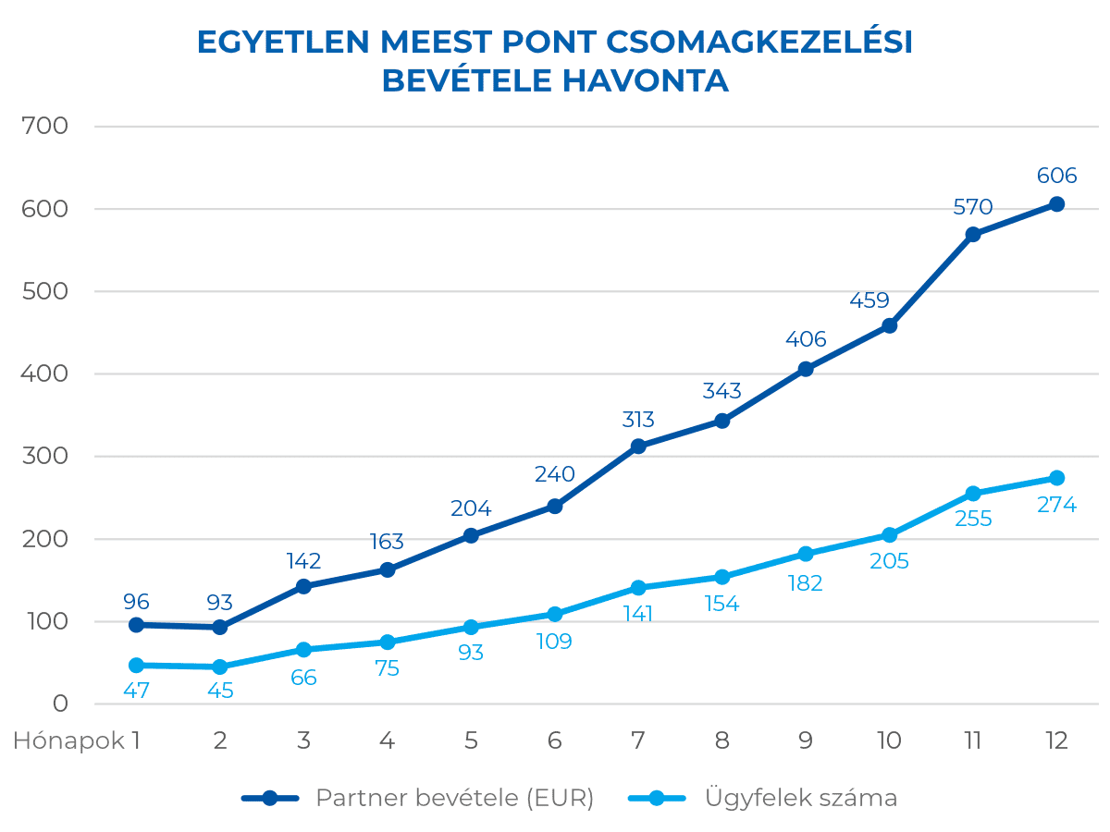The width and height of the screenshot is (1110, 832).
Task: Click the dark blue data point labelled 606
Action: (x=1056, y=204)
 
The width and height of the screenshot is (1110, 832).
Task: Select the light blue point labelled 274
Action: (x=1056, y=478)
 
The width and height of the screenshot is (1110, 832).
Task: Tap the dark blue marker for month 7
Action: (x=638, y=447)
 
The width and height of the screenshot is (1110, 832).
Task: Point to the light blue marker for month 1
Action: (x=136, y=666)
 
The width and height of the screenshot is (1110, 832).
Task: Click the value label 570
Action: (x=972, y=208)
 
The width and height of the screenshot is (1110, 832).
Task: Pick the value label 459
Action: (x=869, y=300)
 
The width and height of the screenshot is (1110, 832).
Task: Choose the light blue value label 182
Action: (x=805, y=583)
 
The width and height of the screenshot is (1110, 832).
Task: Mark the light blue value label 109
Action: (x=554, y=641)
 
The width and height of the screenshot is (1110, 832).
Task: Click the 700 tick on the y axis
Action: (x=45, y=126)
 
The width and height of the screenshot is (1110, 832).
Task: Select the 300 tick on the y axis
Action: (x=45, y=456)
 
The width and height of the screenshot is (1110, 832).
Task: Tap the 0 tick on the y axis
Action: (x=60, y=704)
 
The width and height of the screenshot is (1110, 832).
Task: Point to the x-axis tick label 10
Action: (x=889, y=740)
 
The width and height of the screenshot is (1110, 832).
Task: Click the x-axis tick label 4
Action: (x=387, y=740)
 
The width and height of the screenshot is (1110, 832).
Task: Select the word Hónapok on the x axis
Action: (x=68, y=740)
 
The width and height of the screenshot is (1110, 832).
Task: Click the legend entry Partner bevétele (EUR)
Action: (x=454, y=798)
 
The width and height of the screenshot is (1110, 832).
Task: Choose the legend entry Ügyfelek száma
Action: (x=800, y=798)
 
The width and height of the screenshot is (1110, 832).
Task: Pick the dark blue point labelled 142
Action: (x=303, y=586)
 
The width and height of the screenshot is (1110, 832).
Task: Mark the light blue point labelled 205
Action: (x=889, y=535)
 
